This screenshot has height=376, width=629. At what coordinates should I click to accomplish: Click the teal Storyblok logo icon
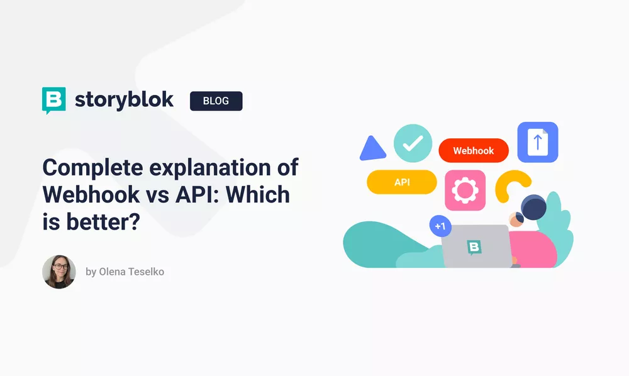[54, 100]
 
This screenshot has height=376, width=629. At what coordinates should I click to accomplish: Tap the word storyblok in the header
[124, 100]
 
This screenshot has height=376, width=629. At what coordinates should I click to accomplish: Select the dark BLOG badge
[216, 101]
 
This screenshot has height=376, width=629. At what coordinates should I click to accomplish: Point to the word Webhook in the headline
[91, 195]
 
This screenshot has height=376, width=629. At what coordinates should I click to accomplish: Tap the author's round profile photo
[59, 272]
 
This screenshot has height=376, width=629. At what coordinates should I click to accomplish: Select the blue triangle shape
[372, 149]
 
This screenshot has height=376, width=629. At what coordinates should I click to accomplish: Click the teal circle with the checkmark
[413, 143]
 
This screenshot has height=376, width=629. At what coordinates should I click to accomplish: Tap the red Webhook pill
[473, 151]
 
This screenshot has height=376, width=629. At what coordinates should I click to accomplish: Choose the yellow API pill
[402, 182]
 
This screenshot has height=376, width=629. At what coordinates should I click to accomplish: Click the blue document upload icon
[537, 142]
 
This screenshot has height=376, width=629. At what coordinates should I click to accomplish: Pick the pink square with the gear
[465, 190]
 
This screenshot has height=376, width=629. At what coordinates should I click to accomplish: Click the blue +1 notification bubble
[440, 225]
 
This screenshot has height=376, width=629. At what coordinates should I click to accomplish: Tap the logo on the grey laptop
[474, 247]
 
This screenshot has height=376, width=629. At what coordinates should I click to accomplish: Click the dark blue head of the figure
[533, 207]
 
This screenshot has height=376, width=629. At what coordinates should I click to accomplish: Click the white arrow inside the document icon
[538, 143]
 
